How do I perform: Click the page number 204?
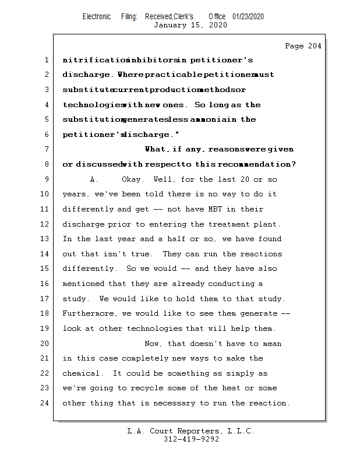[315, 46]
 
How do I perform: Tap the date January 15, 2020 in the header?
[190, 25]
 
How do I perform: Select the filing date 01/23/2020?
[248, 16]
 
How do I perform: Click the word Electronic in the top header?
[97, 16]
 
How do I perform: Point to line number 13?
[46, 239]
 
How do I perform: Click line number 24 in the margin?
[46, 403]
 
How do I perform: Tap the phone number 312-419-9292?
[191, 439]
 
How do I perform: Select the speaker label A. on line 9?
[94, 179]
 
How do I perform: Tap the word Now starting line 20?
[153, 344]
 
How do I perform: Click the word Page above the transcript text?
[294, 46]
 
